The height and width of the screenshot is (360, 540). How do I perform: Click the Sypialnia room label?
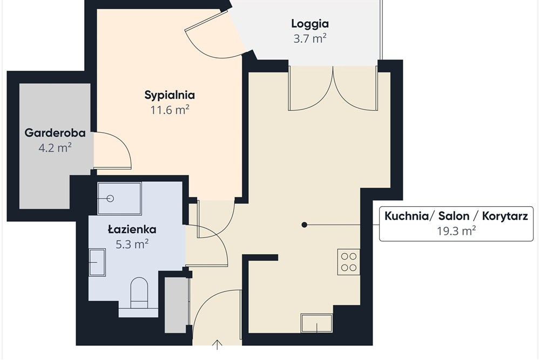tap(170, 95)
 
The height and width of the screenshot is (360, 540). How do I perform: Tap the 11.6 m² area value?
tap(170, 110)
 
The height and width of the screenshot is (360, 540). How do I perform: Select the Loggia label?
tap(310, 24)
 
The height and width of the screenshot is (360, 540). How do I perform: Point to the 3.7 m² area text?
tap(310, 38)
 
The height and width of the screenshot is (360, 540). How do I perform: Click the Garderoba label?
tap(55, 133)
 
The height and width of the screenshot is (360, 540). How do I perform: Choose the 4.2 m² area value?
tap(55, 147)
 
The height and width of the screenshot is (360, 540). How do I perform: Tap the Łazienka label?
tap(132, 230)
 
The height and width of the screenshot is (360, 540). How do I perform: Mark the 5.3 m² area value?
tap(132, 244)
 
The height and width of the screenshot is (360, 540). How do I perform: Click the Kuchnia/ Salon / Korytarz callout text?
tap(456, 216)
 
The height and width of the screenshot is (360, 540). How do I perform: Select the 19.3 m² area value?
tap(456, 230)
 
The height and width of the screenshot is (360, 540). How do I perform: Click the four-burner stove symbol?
tap(349, 262)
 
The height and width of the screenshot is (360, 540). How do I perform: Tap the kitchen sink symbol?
tap(317, 324)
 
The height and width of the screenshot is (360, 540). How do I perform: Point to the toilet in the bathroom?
tap(139, 291)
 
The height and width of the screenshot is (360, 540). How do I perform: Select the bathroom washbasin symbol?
tap(97, 262)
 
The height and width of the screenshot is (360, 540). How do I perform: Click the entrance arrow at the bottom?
tap(218, 344)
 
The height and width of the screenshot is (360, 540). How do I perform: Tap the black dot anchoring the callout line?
tap(305, 225)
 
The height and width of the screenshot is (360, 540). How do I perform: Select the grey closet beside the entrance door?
tap(176, 305)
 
